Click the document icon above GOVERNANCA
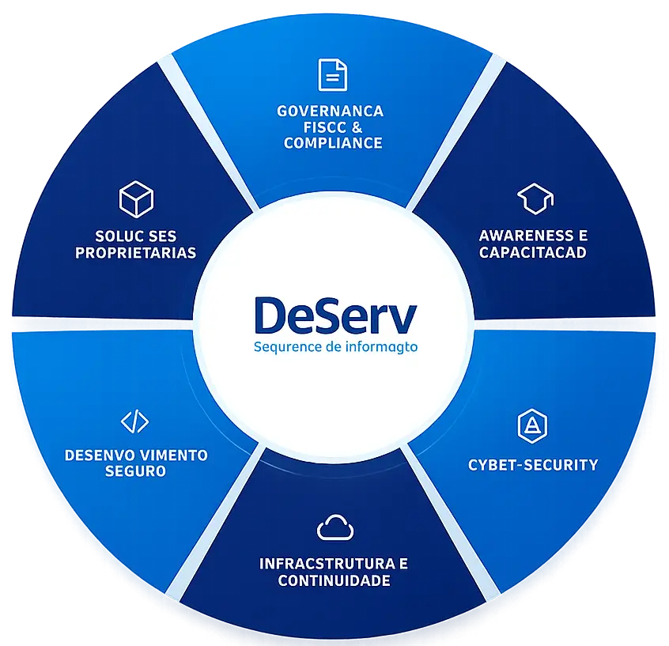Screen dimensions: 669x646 pyautogui.click(x=333, y=75)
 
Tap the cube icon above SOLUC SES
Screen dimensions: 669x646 pyautogui.click(x=136, y=199)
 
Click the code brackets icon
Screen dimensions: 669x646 pyautogui.click(x=134, y=421)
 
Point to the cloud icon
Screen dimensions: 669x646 pyautogui.click(x=335, y=527)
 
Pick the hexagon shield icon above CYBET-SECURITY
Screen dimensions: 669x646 pyautogui.click(x=532, y=426)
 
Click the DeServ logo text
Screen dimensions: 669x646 pyautogui.click(x=335, y=315)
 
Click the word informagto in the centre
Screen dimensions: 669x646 pyautogui.click(x=381, y=347)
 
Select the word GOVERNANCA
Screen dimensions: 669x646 pyautogui.click(x=331, y=111)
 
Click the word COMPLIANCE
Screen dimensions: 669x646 pyautogui.click(x=333, y=143)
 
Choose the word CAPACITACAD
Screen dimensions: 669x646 pyautogui.click(x=533, y=252)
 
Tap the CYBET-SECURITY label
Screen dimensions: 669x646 pyautogui.click(x=533, y=465)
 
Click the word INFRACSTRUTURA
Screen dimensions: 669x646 pyautogui.click(x=327, y=564)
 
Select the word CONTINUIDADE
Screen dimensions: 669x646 pyautogui.click(x=334, y=580)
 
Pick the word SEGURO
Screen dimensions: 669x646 pyautogui.click(x=135, y=471)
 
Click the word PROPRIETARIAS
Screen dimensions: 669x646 pyautogui.click(x=136, y=252)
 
